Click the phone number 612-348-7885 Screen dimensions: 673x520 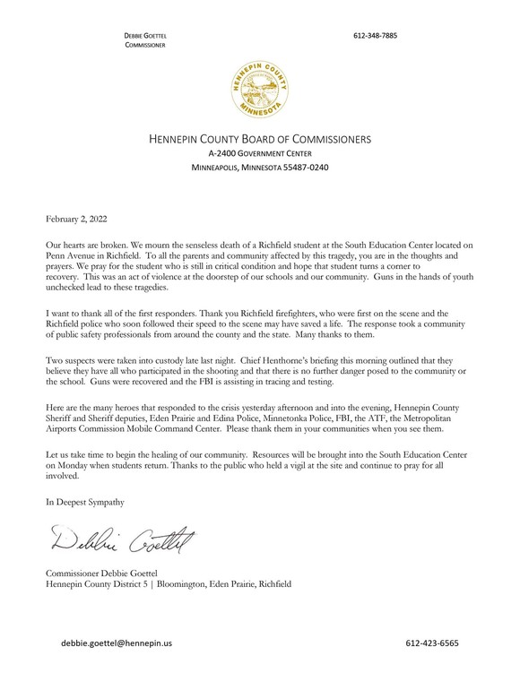point(375,35)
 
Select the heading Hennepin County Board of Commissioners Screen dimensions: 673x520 point(259,140)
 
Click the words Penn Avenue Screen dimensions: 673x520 point(72,255)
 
